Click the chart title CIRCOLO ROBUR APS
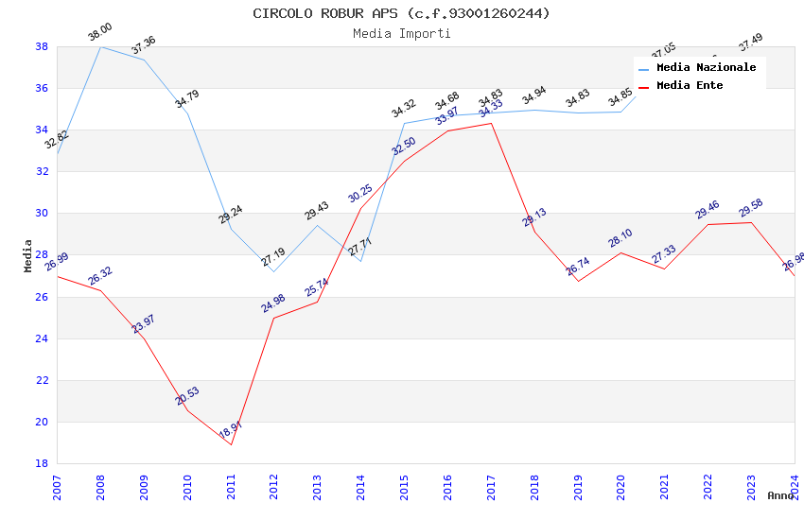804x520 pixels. pyautogui.click(x=401, y=13)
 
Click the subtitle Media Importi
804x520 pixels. pyautogui.click(x=401, y=33)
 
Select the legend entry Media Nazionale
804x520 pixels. pyautogui.click(x=706, y=68)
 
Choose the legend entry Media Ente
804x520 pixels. pyautogui.click(x=689, y=86)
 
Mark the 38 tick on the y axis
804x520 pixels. pyautogui.click(x=43, y=46)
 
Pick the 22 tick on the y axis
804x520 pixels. pyautogui.click(x=43, y=380)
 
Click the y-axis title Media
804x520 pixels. pyautogui.click(x=28, y=255)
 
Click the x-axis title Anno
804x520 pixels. pyautogui.click(x=780, y=495)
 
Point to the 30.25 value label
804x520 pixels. pyautogui.click(x=360, y=194)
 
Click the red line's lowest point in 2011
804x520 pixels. pyautogui.click(x=231, y=444)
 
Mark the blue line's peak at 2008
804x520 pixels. pyautogui.click(x=100, y=46)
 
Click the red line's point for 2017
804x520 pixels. pyautogui.click(x=491, y=123)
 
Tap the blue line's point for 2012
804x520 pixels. pyautogui.click(x=274, y=271)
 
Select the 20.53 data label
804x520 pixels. pyautogui.click(x=187, y=396)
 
